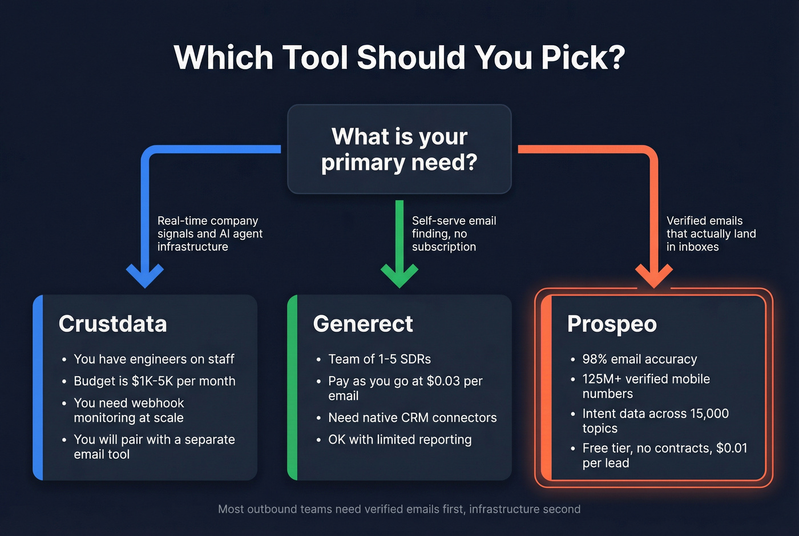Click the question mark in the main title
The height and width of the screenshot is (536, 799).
[614, 58]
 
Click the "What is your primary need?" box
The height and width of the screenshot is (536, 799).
[399, 149]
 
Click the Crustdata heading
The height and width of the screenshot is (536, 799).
[112, 324]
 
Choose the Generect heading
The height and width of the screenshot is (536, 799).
[363, 324]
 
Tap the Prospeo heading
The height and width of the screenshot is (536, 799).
[612, 324]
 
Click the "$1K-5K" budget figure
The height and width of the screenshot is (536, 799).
[152, 381]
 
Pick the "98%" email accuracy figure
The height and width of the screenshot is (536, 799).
[595, 359]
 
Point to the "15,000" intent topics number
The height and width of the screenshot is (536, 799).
[709, 414]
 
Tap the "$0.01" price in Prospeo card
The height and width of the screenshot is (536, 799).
[732, 448]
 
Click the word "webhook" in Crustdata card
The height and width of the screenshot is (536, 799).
[158, 403]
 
